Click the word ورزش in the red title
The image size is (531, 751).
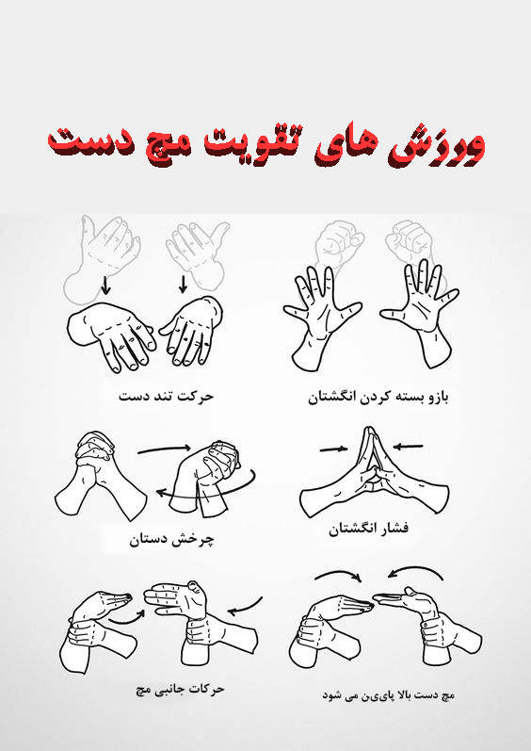442,143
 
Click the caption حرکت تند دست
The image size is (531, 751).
166,396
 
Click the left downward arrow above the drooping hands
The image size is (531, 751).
105,284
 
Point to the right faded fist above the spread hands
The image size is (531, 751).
410,242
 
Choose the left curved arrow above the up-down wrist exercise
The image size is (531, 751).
336,576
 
